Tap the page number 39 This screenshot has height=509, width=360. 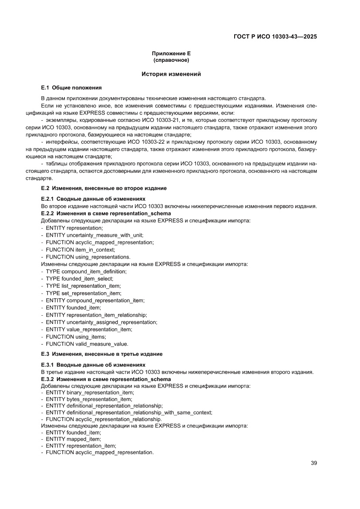point(313,463)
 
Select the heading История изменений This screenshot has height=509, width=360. point(171,74)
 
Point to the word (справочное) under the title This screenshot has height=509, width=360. point(171,60)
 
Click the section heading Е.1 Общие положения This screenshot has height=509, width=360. point(71,88)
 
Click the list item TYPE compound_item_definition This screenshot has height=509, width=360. point(86,271)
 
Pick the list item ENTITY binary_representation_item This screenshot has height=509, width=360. point(90,392)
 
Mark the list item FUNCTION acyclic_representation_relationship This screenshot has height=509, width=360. point(104,419)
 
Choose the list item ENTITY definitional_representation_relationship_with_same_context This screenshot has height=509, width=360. point(129,412)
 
